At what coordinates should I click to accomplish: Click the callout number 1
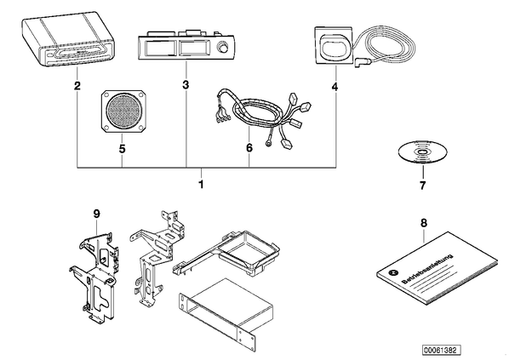coord(201,184)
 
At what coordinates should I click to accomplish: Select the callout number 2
coord(77,86)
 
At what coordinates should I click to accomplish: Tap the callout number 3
coord(186,85)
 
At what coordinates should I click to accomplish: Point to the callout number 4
coord(335,87)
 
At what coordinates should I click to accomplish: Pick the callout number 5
coord(122,149)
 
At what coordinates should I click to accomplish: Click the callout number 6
coord(249,148)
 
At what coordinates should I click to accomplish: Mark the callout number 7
coord(422,186)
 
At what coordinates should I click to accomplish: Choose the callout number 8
coord(424,223)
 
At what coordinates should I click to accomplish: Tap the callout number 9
coord(97,214)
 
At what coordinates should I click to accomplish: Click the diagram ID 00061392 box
coord(442,351)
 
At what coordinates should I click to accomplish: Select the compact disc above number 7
coord(423,152)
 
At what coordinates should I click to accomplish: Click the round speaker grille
coord(123,111)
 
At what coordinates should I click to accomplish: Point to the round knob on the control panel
coord(222,48)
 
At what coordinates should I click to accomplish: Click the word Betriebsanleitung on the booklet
coord(427,269)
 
